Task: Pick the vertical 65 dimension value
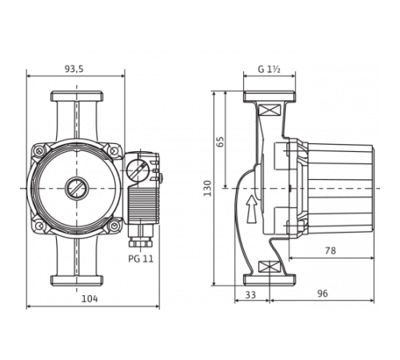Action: pos(221,141)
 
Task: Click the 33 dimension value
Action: pos(250,294)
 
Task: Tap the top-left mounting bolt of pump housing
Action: pos(38,150)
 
